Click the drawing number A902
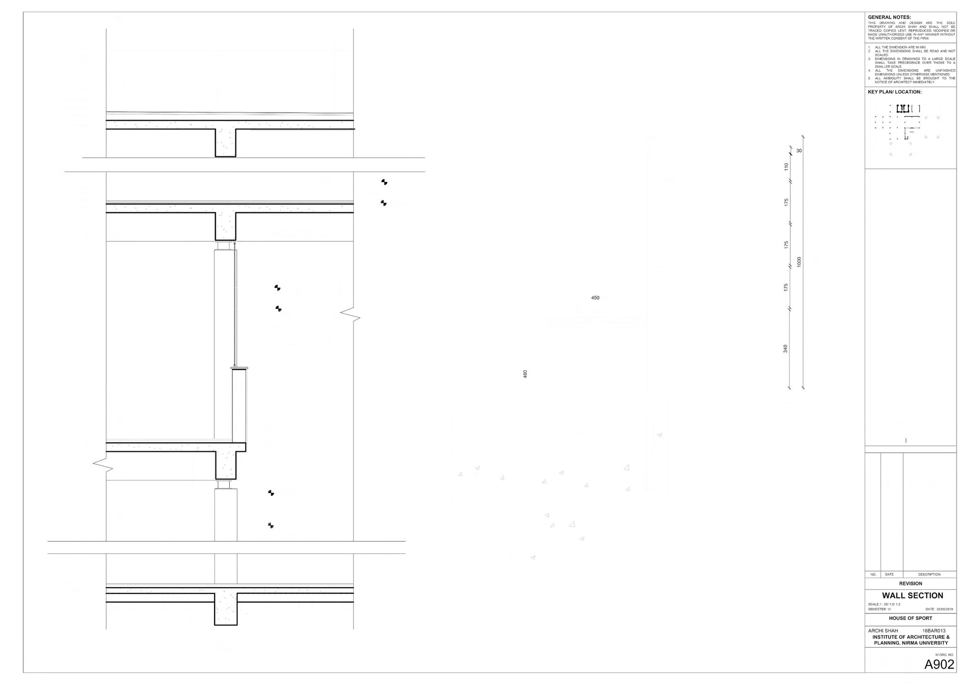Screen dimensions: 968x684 [939, 664]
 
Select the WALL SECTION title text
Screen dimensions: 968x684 [912, 595]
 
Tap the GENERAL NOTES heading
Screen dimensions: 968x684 [889, 17]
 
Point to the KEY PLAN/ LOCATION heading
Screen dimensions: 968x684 [895, 92]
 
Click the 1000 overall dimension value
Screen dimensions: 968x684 [799, 262]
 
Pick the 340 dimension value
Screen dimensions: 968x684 [785, 349]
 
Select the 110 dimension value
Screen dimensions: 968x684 [786, 167]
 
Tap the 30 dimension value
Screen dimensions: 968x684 [799, 151]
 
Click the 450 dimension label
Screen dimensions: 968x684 [595, 298]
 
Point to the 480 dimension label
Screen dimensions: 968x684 [525, 374]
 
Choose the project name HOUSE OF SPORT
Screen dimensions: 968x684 [910, 618]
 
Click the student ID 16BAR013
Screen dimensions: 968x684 [934, 631]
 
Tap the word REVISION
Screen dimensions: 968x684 [910, 583]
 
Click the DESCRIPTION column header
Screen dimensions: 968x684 [929, 574]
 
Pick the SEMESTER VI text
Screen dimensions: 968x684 [879, 609]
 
